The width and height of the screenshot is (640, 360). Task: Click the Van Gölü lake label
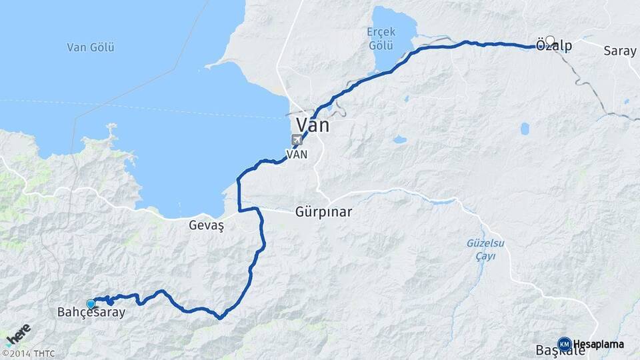pyautogui.click(x=91, y=47)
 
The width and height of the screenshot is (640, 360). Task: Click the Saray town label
pyautogui.click(x=620, y=51)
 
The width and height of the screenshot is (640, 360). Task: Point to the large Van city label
pyautogui.click(x=312, y=125)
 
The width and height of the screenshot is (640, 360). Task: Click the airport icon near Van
pyautogui.click(x=297, y=139)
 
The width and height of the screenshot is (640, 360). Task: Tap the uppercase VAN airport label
pyautogui.click(x=297, y=154)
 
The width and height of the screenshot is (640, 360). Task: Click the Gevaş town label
pyautogui.click(x=205, y=225)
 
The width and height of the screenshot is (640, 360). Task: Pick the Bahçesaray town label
pyautogui.click(x=91, y=312)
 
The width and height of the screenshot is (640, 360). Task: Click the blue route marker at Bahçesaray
pyautogui.click(x=91, y=304)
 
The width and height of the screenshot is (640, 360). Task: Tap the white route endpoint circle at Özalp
pyautogui.click(x=549, y=40)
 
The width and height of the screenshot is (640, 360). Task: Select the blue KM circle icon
pyautogui.click(x=564, y=344)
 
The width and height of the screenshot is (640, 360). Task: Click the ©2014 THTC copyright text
pyautogui.click(x=28, y=353)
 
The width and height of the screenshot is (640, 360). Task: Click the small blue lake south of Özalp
pyautogui.click(x=525, y=128)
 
